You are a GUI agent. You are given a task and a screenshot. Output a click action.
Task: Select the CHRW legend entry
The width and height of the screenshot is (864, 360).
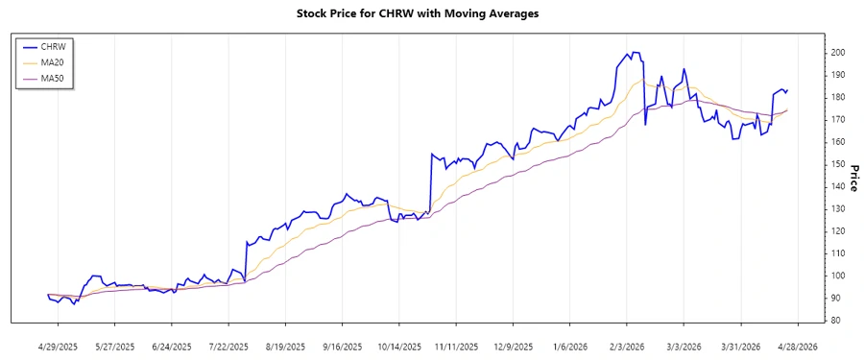pos(64,45)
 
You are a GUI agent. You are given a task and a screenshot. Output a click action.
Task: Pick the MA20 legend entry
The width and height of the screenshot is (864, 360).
pos(64,61)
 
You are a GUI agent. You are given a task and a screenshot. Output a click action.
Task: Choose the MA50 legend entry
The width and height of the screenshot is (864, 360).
pos(64,78)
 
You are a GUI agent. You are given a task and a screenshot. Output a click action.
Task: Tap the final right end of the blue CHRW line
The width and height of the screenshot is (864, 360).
pos(787,90)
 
